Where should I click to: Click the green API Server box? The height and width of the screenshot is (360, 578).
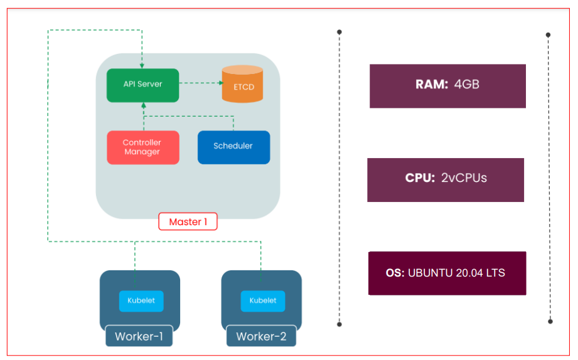click(142, 85)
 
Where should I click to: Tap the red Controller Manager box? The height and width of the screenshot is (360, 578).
click(142, 147)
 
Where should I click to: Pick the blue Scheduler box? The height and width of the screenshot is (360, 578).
click(233, 147)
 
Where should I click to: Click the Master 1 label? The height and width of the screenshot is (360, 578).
click(188, 222)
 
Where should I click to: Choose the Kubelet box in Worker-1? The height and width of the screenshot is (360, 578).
click(141, 300)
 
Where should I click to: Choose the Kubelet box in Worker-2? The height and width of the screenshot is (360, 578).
click(263, 300)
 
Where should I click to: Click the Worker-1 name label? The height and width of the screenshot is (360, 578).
click(139, 337)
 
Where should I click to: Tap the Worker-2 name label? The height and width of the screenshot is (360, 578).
click(261, 337)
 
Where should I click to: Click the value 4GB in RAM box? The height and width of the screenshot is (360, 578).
click(466, 84)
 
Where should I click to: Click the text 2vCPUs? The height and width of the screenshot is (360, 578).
click(464, 178)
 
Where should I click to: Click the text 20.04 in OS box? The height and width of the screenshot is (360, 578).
click(471, 273)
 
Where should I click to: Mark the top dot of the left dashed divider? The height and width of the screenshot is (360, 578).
click(340, 31)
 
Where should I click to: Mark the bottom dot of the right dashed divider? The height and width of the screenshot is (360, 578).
click(550, 321)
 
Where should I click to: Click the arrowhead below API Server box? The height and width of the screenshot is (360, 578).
click(143, 105)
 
